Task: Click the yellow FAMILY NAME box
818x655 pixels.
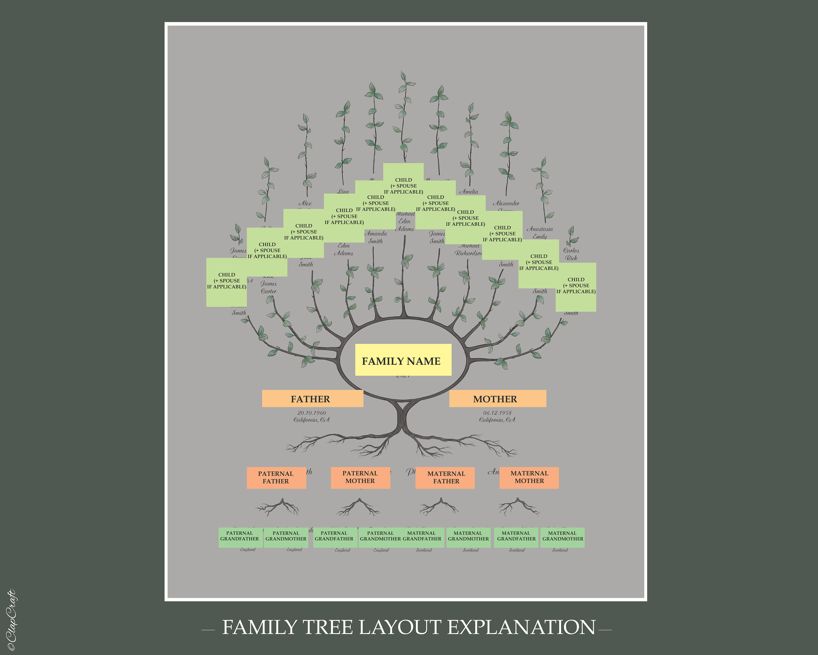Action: [x=403, y=360]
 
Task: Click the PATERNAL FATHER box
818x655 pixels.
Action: [x=276, y=477]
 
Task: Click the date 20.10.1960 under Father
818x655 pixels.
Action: [x=311, y=413]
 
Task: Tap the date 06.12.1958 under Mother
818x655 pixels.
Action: [x=497, y=413]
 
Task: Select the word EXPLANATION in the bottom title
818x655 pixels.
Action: [x=521, y=627]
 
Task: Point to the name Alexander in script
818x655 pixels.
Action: [x=506, y=203]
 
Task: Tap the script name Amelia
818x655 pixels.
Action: [x=469, y=191]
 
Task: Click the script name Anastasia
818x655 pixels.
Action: [x=540, y=229]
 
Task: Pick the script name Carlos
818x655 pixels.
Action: [x=571, y=250]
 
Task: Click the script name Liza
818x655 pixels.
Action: [x=343, y=191]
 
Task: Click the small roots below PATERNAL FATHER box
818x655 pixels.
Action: [x=278, y=507]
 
